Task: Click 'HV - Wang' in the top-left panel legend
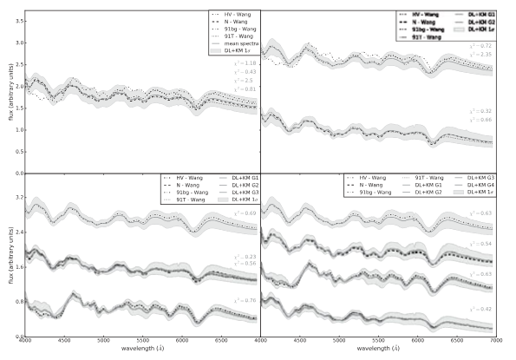(232, 15)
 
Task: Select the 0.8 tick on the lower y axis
(15, 302)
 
